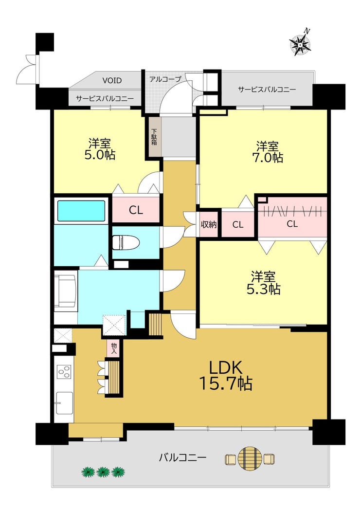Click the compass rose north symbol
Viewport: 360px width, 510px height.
click(x=301, y=43)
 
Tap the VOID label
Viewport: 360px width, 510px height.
click(x=112, y=80)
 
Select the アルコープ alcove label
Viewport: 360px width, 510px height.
click(x=165, y=79)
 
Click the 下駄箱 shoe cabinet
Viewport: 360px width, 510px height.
click(x=155, y=137)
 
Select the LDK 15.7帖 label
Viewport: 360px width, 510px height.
click(x=225, y=376)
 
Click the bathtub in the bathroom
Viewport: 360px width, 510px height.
click(x=81, y=211)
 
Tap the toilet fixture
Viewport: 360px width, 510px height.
click(x=126, y=242)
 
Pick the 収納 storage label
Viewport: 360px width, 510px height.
click(x=208, y=224)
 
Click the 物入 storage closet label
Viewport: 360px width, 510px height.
click(x=114, y=348)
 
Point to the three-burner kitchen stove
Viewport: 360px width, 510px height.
click(x=64, y=371)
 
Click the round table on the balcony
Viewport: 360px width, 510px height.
click(x=250, y=459)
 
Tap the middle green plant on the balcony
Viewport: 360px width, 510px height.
click(x=103, y=472)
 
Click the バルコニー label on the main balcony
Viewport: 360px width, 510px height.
click(x=182, y=458)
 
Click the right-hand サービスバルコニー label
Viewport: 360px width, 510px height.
click(x=267, y=90)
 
